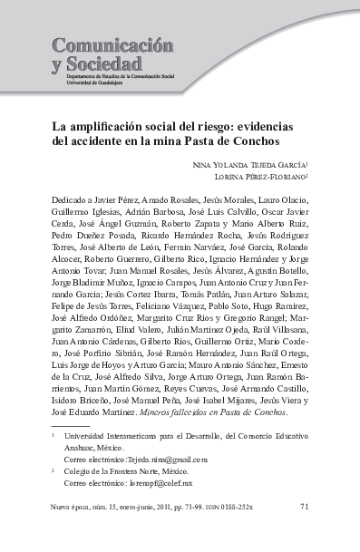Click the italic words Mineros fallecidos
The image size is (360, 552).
(192, 412)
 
